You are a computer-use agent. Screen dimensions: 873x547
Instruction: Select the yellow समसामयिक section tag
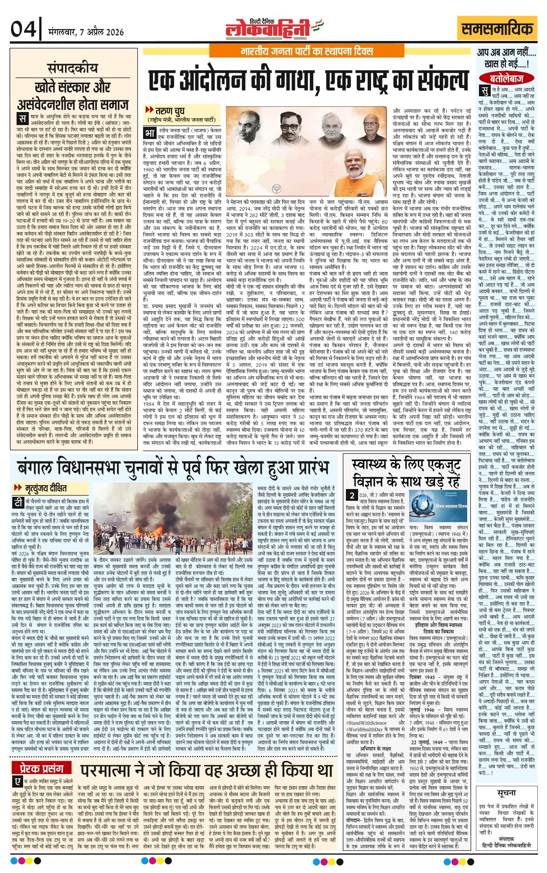point(497,29)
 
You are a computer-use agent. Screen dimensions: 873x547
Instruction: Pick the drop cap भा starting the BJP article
point(150,132)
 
